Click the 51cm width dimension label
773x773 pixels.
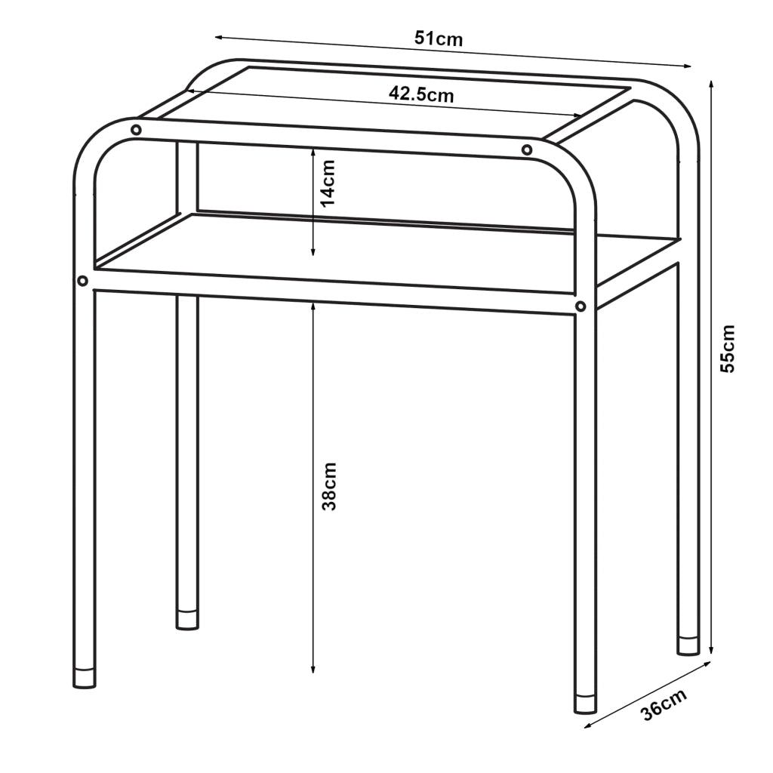tap(439, 38)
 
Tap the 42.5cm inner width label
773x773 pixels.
tap(421, 94)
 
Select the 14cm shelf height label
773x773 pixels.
tap(328, 183)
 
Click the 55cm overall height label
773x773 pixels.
tap(728, 349)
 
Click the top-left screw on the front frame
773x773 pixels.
tap(136, 130)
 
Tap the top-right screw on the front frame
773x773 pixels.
tap(527, 149)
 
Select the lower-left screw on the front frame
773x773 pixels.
tap(83, 281)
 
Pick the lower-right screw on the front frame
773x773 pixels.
tap(581, 306)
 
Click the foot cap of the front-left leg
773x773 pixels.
tap(85, 678)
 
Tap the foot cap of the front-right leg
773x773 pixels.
tap(586, 704)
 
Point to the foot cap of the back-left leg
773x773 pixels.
tap(187, 620)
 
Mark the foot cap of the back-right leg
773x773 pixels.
tap(688, 646)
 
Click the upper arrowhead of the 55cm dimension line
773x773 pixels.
tap(710, 84)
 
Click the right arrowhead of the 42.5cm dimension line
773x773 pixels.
tap(577, 115)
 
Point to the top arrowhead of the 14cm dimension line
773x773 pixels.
tap(313, 152)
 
